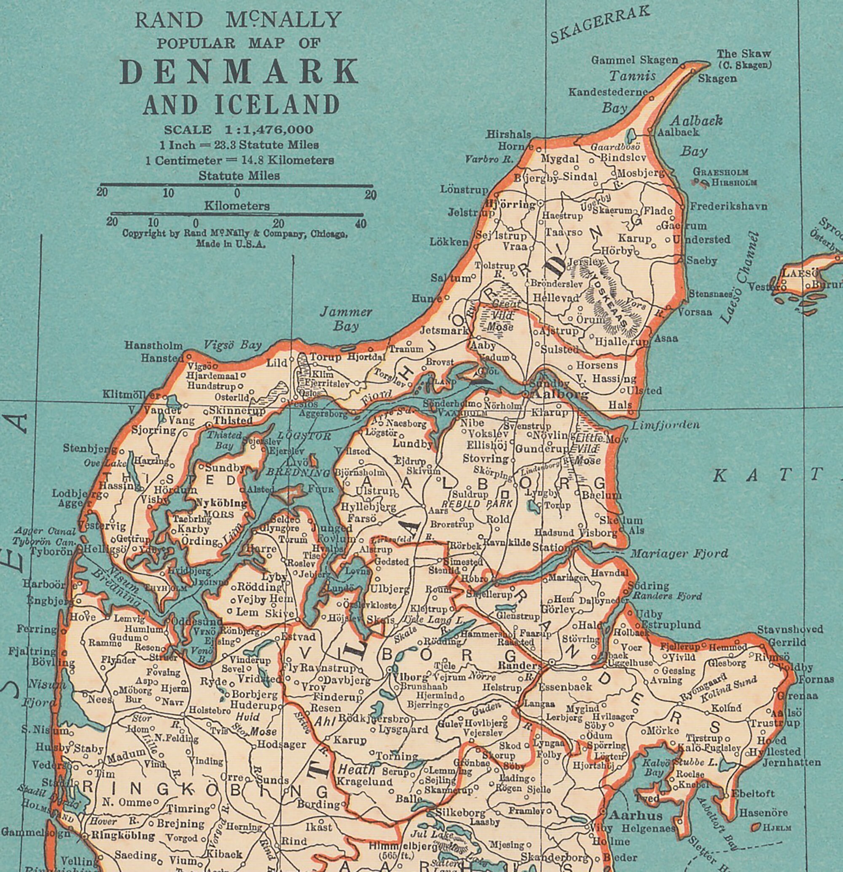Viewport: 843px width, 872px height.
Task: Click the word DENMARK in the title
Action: [239, 72]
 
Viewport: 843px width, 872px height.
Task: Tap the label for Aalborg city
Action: [560, 395]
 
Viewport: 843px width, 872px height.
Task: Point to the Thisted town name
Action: [233, 420]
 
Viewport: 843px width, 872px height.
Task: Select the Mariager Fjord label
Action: [679, 554]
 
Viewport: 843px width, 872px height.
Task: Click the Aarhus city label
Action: [635, 815]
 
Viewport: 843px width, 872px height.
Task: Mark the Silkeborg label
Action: [461, 812]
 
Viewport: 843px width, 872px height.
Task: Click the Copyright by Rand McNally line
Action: [235, 234]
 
